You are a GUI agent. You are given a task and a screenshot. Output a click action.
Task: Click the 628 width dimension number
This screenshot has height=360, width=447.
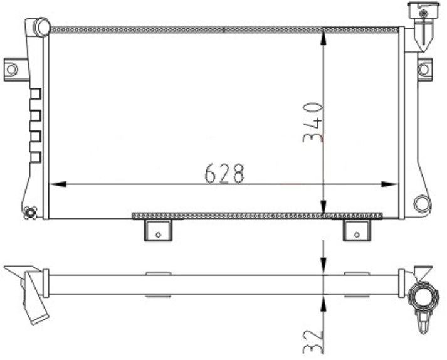coord(224,173)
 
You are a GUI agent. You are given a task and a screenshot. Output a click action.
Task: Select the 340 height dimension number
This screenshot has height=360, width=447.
coord(313,122)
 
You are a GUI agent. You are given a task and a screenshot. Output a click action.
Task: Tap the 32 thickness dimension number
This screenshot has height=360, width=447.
coord(313,341)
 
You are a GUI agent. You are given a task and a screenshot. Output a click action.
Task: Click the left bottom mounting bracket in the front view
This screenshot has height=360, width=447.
coord(158,230)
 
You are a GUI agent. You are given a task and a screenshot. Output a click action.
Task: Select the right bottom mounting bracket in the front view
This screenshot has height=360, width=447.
coord(357,230)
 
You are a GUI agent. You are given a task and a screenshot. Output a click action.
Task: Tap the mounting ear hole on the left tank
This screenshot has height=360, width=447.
coord(11,69)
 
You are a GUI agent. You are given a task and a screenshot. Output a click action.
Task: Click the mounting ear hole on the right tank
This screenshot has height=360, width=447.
coord(425,69)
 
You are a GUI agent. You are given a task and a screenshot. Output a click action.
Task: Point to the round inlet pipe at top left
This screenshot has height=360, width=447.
coord(41,27)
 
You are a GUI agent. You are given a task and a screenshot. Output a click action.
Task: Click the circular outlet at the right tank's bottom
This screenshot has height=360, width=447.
coord(423,203)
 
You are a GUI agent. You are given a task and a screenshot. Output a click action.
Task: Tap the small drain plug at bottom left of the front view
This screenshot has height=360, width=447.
coord(29,213)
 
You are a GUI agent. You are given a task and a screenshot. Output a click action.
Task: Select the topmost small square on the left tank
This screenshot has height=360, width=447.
coord(35,93)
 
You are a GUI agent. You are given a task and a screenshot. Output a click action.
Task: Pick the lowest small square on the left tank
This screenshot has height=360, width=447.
coord(35,157)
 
